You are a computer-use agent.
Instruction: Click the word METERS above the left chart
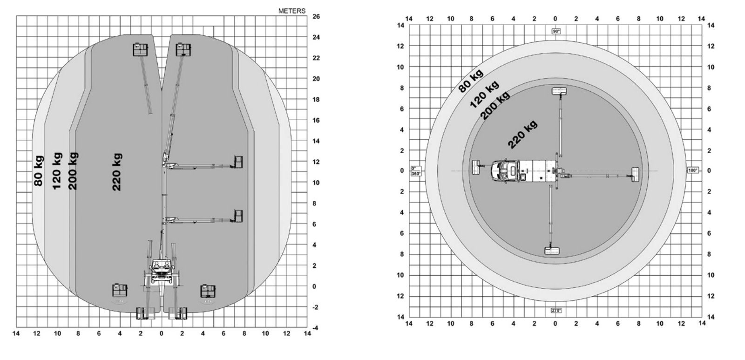pyautogui.click(x=291, y=11)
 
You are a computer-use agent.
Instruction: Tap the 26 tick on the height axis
pyautogui.click(x=316, y=16)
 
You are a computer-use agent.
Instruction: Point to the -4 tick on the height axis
pyautogui.click(x=315, y=328)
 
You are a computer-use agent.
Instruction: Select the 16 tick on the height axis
pyautogui.click(x=316, y=120)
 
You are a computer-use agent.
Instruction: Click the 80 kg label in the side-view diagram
pyautogui.click(x=39, y=170)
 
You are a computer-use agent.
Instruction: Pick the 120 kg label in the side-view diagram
pyautogui.click(x=57, y=170)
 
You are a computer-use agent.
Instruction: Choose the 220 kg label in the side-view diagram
pyautogui.click(x=117, y=172)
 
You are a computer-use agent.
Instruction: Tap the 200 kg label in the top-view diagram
pyautogui.click(x=495, y=105)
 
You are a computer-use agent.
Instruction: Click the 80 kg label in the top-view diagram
pyautogui.click(x=471, y=81)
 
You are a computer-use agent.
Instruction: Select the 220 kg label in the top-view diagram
pyautogui.click(x=522, y=134)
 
